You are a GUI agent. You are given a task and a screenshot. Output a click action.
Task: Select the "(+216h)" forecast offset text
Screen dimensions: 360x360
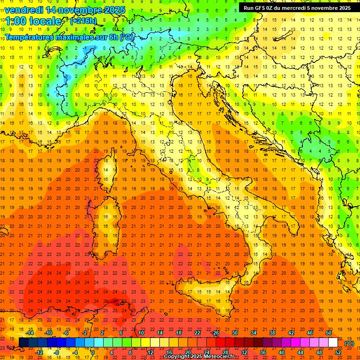point(83,21)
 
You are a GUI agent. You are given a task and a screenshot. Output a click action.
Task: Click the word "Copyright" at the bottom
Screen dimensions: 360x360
point(178,357)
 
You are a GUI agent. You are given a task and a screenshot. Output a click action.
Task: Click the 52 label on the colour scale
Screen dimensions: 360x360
point(337,352)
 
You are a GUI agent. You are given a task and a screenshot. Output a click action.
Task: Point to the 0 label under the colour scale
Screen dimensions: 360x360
point(93,352)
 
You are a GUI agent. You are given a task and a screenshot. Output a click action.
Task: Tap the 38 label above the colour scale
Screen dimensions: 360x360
point(272,333)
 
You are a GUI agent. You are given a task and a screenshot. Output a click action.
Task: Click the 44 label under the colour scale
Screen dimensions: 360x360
point(300,352)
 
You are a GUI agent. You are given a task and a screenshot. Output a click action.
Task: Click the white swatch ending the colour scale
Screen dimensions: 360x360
point(333,343)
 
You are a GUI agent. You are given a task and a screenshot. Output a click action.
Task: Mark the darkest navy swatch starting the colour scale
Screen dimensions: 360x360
point(23,343)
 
